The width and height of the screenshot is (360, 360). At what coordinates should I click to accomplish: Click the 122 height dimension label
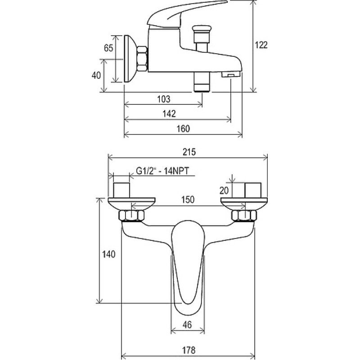coord(261,45)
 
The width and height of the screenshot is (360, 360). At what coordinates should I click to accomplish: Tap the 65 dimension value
coord(108,48)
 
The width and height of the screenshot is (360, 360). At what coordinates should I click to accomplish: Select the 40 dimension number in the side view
coord(96,75)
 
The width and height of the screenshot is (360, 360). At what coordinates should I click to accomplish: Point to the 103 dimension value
coord(164,99)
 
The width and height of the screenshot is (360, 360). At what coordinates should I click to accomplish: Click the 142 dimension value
coord(169,113)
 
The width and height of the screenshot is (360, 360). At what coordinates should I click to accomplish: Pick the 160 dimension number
coord(183,129)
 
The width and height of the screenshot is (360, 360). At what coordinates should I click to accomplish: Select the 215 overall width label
coord(189,152)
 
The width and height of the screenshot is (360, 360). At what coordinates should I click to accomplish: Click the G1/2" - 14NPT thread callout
coord(162,171)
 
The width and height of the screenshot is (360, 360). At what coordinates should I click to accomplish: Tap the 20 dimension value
coord(224,190)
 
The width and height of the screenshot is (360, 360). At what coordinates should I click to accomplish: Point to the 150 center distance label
coord(188,199)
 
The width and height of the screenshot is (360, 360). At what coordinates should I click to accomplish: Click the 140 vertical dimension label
coord(108,254)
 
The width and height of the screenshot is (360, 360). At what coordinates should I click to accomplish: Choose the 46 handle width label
coord(187,324)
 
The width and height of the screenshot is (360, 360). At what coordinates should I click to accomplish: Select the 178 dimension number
coord(189,351)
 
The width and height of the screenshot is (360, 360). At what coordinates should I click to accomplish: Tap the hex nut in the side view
coord(142,59)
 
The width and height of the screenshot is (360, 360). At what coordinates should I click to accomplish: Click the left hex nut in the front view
coord(131,216)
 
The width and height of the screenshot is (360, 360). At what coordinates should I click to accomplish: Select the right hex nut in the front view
coord(244,216)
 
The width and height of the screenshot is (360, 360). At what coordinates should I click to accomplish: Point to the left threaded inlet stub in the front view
coord(121,190)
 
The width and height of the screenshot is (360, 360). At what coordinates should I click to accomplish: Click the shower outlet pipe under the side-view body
coord(202,82)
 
